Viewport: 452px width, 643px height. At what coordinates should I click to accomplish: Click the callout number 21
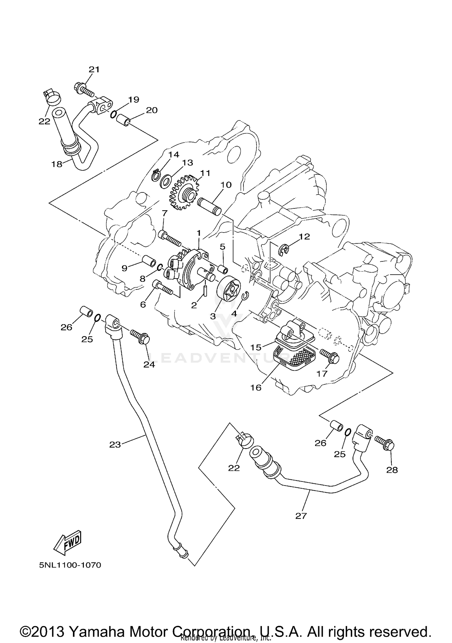pos(94,70)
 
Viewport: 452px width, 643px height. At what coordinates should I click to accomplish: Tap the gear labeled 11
pos(182,195)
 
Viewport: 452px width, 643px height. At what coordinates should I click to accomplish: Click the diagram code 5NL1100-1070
pos(70,565)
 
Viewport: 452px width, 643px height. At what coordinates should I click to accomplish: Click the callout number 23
pos(115,445)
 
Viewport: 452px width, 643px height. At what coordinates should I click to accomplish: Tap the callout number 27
pos(301,516)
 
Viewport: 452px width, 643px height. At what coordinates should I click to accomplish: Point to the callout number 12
pos(304,237)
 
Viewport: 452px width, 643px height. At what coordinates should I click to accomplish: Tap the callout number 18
pos(57,164)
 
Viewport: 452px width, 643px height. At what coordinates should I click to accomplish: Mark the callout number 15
pos(256,348)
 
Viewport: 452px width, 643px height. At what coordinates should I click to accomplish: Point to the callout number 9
pos(124,268)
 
